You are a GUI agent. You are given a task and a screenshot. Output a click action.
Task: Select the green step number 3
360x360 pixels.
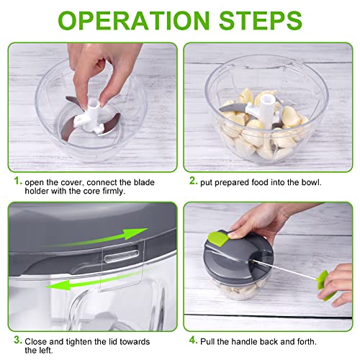(x=16, y=340)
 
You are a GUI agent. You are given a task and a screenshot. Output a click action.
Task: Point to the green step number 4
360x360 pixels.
(x=192, y=340)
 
